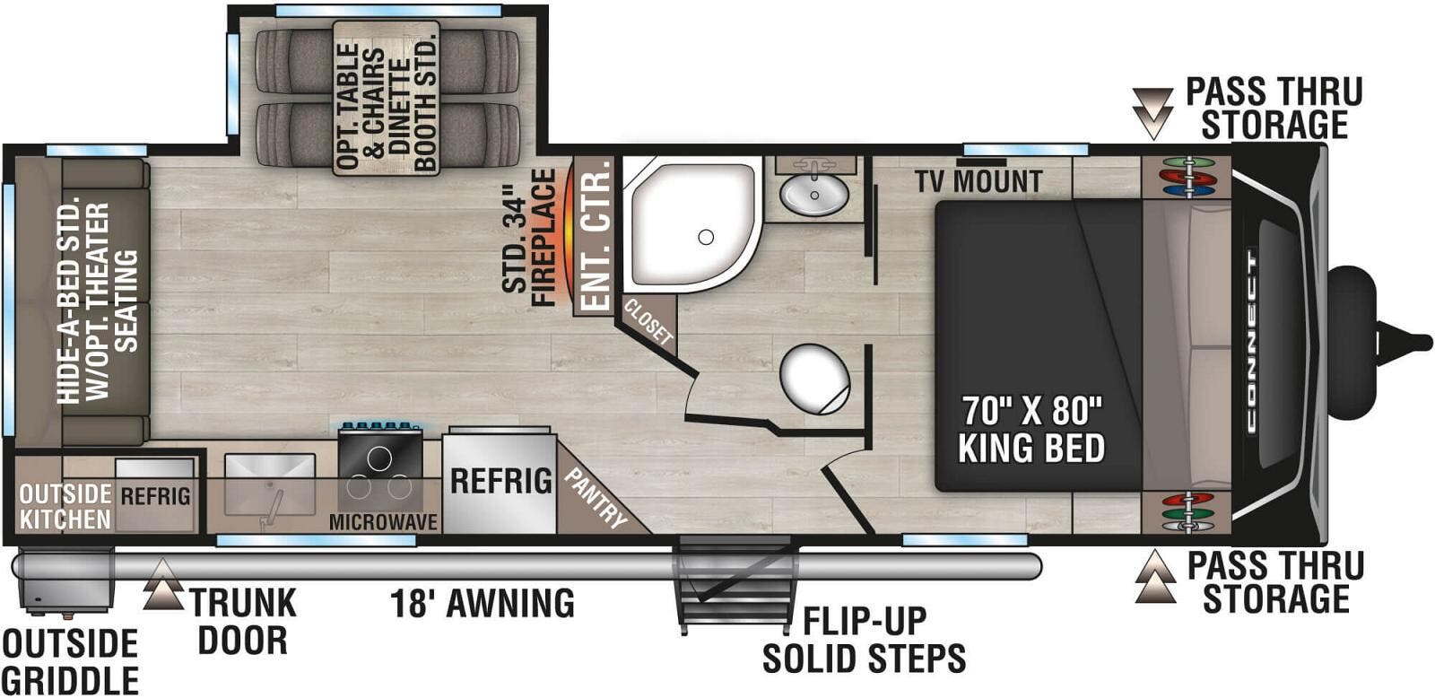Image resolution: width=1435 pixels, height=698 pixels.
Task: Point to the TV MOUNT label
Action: pos(978,182)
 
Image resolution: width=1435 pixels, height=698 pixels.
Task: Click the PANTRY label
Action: pos(595,496)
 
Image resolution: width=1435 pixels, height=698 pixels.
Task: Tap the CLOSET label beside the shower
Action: pos(648,323)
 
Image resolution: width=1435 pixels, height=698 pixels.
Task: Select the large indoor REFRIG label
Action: pos(500,481)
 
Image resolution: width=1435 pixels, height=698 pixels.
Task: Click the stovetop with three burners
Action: pos(380,472)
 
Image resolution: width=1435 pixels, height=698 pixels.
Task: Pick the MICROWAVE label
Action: pos(383,522)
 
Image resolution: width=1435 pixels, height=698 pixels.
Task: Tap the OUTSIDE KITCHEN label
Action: pos(65,506)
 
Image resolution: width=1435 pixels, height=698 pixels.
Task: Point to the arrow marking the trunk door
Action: pos(162,583)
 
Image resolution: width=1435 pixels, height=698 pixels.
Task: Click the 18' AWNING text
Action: pos(482,603)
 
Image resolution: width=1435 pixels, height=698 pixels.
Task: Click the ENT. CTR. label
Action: pos(595,237)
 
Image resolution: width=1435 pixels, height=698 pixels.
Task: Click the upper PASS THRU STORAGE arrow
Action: pos(1152,113)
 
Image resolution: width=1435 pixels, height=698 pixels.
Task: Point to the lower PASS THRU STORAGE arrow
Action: pos(1155,578)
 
